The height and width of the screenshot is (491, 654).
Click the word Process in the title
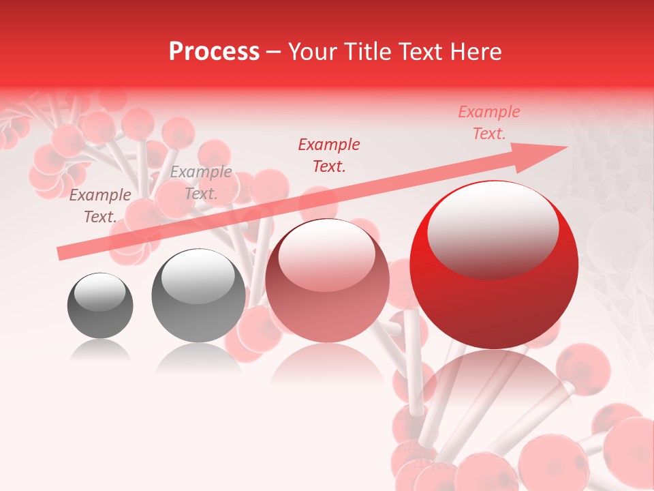pyautogui.click(x=214, y=52)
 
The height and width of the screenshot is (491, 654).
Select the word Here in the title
pyautogui.click(x=476, y=52)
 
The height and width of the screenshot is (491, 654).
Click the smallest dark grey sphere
pyautogui.click(x=100, y=306)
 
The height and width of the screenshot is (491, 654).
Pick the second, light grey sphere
pyautogui.click(x=198, y=296)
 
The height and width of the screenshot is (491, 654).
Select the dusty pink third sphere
pyautogui.click(x=327, y=280)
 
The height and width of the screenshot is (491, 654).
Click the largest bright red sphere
pyautogui.click(x=494, y=265)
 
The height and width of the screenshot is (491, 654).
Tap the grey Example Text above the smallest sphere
pyautogui.click(x=100, y=206)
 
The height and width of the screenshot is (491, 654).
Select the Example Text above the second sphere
pyautogui.click(x=201, y=183)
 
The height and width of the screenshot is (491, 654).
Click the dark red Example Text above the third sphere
pyautogui.click(x=329, y=155)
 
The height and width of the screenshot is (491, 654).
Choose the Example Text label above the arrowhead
pyautogui.click(x=489, y=123)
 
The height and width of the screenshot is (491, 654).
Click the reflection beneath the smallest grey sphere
pyautogui.click(x=100, y=349)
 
